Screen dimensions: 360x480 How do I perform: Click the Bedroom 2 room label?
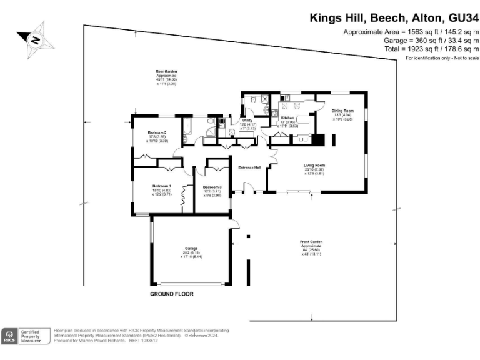coord(157,132)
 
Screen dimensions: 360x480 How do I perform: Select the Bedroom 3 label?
coord(212,187)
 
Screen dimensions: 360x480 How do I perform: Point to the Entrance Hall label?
coord(249,167)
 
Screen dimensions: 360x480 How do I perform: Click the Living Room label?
coord(314,165)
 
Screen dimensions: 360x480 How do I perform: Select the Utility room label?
coord(247,120)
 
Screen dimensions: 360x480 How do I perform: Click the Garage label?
coord(191,248)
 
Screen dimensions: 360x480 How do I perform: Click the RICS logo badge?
coord(10,336)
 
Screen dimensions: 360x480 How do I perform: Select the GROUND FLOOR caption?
coord(172,294)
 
